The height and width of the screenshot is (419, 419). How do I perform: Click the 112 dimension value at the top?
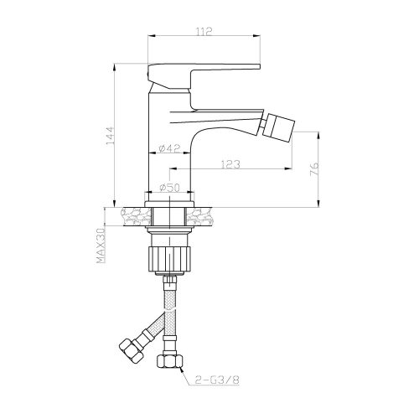pos(204,31)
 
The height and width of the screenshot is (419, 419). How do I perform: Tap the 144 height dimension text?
pos(111,136)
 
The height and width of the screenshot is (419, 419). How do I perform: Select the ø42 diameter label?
pos(169,148)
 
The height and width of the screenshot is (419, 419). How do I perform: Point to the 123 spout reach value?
pos(230,164)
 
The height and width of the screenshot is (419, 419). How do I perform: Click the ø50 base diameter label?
pos(170,188)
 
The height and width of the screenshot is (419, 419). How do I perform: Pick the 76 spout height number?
pos(314,168)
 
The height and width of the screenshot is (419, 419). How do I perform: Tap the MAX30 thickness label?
pos(101,246)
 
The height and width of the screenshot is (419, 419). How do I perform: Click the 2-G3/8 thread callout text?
pos(217,380)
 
